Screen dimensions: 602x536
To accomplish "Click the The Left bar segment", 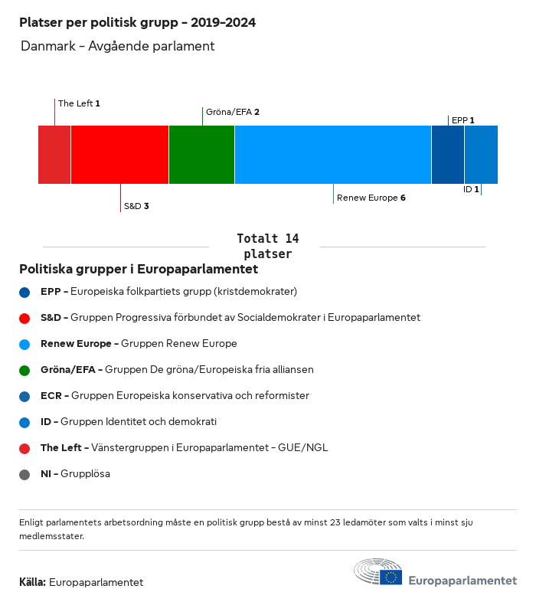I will point(54,155).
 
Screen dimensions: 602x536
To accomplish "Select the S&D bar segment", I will point(119,155).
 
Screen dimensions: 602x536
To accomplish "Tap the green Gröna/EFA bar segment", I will point(201,155).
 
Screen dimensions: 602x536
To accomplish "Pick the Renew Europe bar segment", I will point(333,155).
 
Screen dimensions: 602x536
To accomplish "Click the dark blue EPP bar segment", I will point(448,155).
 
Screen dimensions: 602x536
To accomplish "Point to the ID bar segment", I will point(481,155).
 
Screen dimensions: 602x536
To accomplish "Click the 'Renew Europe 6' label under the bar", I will point(371,198).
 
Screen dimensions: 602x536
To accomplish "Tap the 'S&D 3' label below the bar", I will point(136,206).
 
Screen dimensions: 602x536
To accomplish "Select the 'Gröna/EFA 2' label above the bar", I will point(233,112).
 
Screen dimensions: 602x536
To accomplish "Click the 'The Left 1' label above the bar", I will point(79,103).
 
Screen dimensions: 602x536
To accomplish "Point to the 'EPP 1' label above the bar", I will point(462,120).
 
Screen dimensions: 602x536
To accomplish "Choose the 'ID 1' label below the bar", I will point(471,189).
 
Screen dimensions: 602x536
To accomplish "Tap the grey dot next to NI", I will point(25,474).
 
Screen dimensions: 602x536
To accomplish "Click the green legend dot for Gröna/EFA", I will point(25,370).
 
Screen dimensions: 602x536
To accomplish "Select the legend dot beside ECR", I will point(25,396).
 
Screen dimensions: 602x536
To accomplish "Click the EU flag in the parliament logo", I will point(391,577).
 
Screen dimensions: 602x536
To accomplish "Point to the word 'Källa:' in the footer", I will point(33,582).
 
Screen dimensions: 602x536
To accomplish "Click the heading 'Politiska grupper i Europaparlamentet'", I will point(139,270).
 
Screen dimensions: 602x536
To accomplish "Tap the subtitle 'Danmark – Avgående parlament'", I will point(117,46).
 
